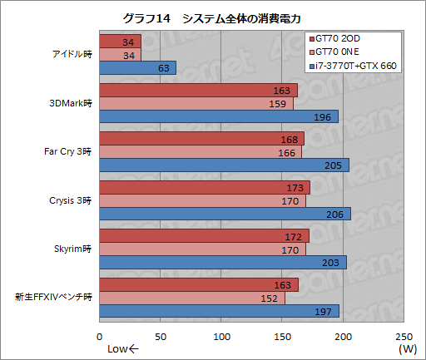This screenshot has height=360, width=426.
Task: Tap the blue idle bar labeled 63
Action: click(137, 67)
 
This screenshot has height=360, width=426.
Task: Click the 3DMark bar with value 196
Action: click(218, 116)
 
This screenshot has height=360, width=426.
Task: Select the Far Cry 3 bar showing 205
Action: click(224, 165)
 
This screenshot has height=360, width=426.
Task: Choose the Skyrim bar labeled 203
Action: click(223, 262)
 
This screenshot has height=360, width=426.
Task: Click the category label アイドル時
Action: click(70, 55)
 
